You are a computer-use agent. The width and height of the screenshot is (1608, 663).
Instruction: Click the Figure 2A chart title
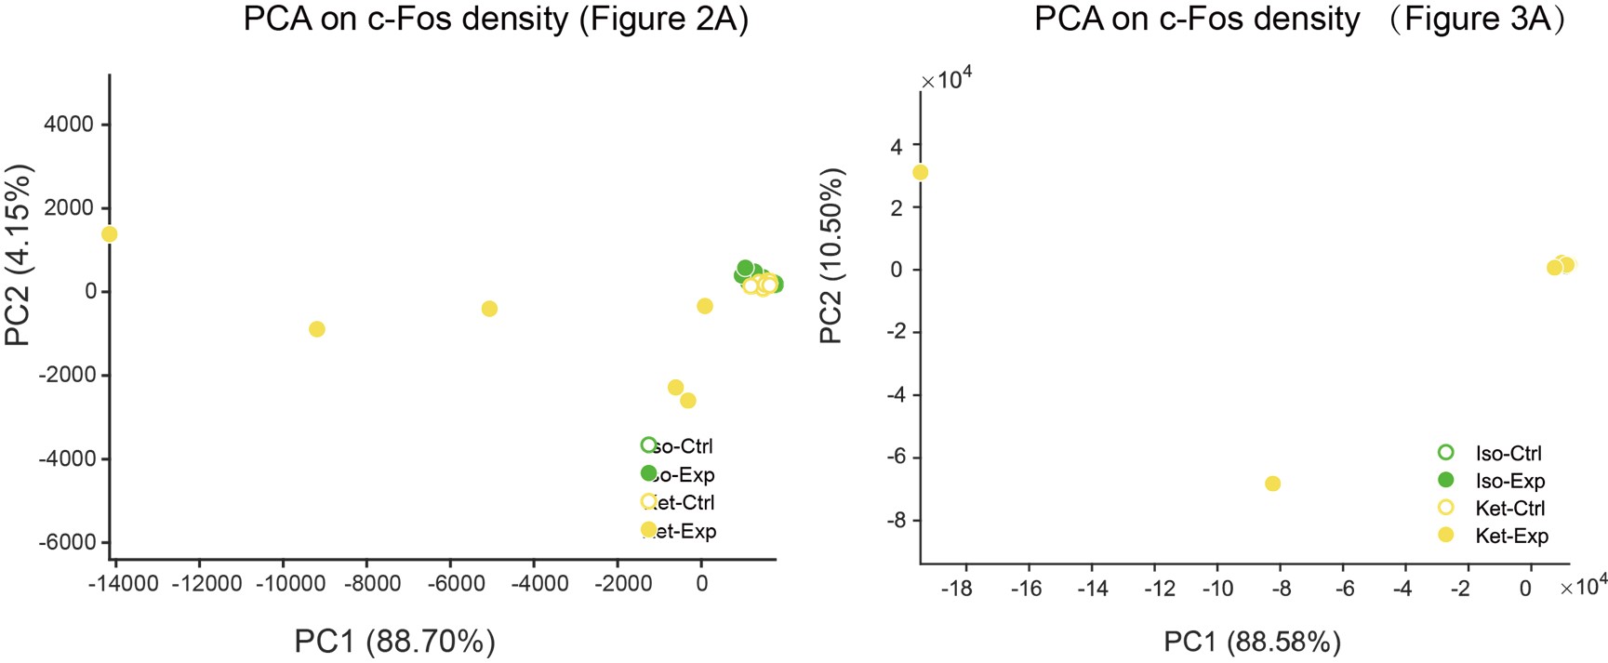point(496,20)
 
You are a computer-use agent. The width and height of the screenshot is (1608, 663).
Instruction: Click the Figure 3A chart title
point(1300,20)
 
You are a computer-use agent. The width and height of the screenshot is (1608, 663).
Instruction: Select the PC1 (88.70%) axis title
point(394,642)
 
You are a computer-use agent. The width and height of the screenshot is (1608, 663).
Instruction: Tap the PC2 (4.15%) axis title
point(19,254)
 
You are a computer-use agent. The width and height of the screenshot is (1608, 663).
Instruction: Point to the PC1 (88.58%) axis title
point(1252,642)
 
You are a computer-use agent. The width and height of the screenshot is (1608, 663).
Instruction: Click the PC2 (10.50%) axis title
point(831,256)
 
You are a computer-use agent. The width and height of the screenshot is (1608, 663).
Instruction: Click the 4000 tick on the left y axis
point(69,125)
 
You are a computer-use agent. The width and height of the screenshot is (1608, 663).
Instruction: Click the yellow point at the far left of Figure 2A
point(109,234)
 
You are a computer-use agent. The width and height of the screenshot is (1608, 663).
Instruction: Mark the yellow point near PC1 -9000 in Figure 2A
point(316,329)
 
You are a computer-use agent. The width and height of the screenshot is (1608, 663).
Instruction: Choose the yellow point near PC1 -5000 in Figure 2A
point(489,309)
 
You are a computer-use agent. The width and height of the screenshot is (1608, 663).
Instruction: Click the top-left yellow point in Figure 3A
point(920,172)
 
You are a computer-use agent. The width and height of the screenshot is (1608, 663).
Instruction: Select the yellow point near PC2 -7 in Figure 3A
point(1272,484)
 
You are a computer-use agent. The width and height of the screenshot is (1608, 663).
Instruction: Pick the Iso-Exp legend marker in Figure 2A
point(648,474)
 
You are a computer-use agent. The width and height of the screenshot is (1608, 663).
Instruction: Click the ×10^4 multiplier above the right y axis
point(946,81)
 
